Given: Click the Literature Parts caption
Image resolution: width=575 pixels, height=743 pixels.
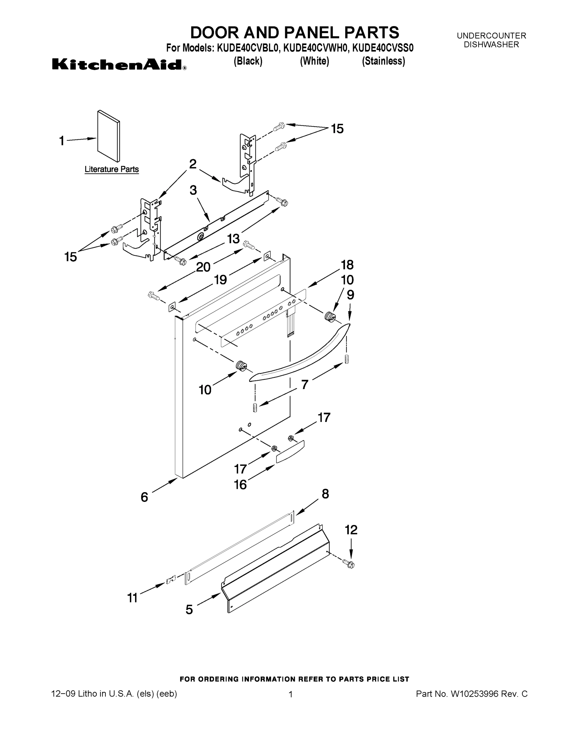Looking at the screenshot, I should pyautogui.click(x=111, y=169).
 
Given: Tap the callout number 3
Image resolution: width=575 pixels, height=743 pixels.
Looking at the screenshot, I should pyautogui.click(x=193, y=190).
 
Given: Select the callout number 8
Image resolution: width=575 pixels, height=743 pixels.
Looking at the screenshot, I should pyautogui.click(x=325, y=494).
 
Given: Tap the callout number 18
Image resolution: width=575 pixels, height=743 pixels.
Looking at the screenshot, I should pyautogui.click(x=347, y=265).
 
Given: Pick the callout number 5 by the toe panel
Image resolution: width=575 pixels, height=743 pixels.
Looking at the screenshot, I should pyautogui.click(x=189, y=609).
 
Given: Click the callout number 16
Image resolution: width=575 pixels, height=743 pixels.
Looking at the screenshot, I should pyautogui.click(x=240, y=484).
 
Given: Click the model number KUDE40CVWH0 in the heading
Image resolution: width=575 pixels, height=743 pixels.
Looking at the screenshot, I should pyautogui.click(x=315, y=48).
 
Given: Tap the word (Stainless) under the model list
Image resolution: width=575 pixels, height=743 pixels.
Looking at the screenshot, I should pyautogui.click(x=383, y=61).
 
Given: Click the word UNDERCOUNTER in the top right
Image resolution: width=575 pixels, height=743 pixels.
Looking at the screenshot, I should pyautogui.click(x=491, y=36).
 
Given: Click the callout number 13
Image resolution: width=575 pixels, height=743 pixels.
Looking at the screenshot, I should pyautogui.click(x=233, y=239).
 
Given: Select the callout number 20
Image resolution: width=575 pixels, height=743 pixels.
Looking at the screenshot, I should pyautogui.click(x=203, y=267).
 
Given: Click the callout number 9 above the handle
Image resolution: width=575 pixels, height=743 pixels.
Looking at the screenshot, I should pyautogui.click(x=350, y=295).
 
